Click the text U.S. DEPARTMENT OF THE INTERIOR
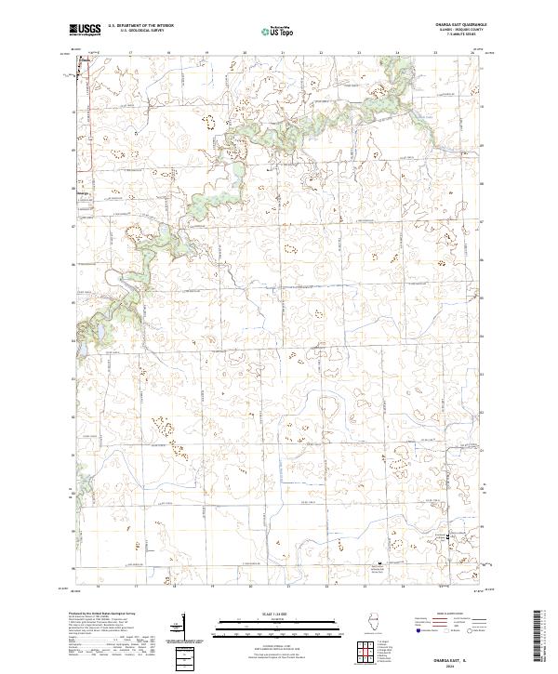pyautogui.click(x=140, y=26)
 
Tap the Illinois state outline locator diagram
pyautogui.click(x=373, y=622)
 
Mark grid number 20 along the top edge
pyautogui.click(x=245, y=54)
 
